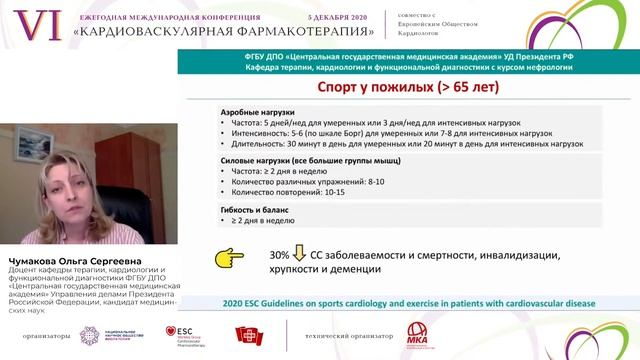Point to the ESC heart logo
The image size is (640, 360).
[x=182, y=331]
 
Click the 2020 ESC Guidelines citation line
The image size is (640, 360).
[x=409, y=301]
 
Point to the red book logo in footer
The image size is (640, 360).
[x=247, y=333]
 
